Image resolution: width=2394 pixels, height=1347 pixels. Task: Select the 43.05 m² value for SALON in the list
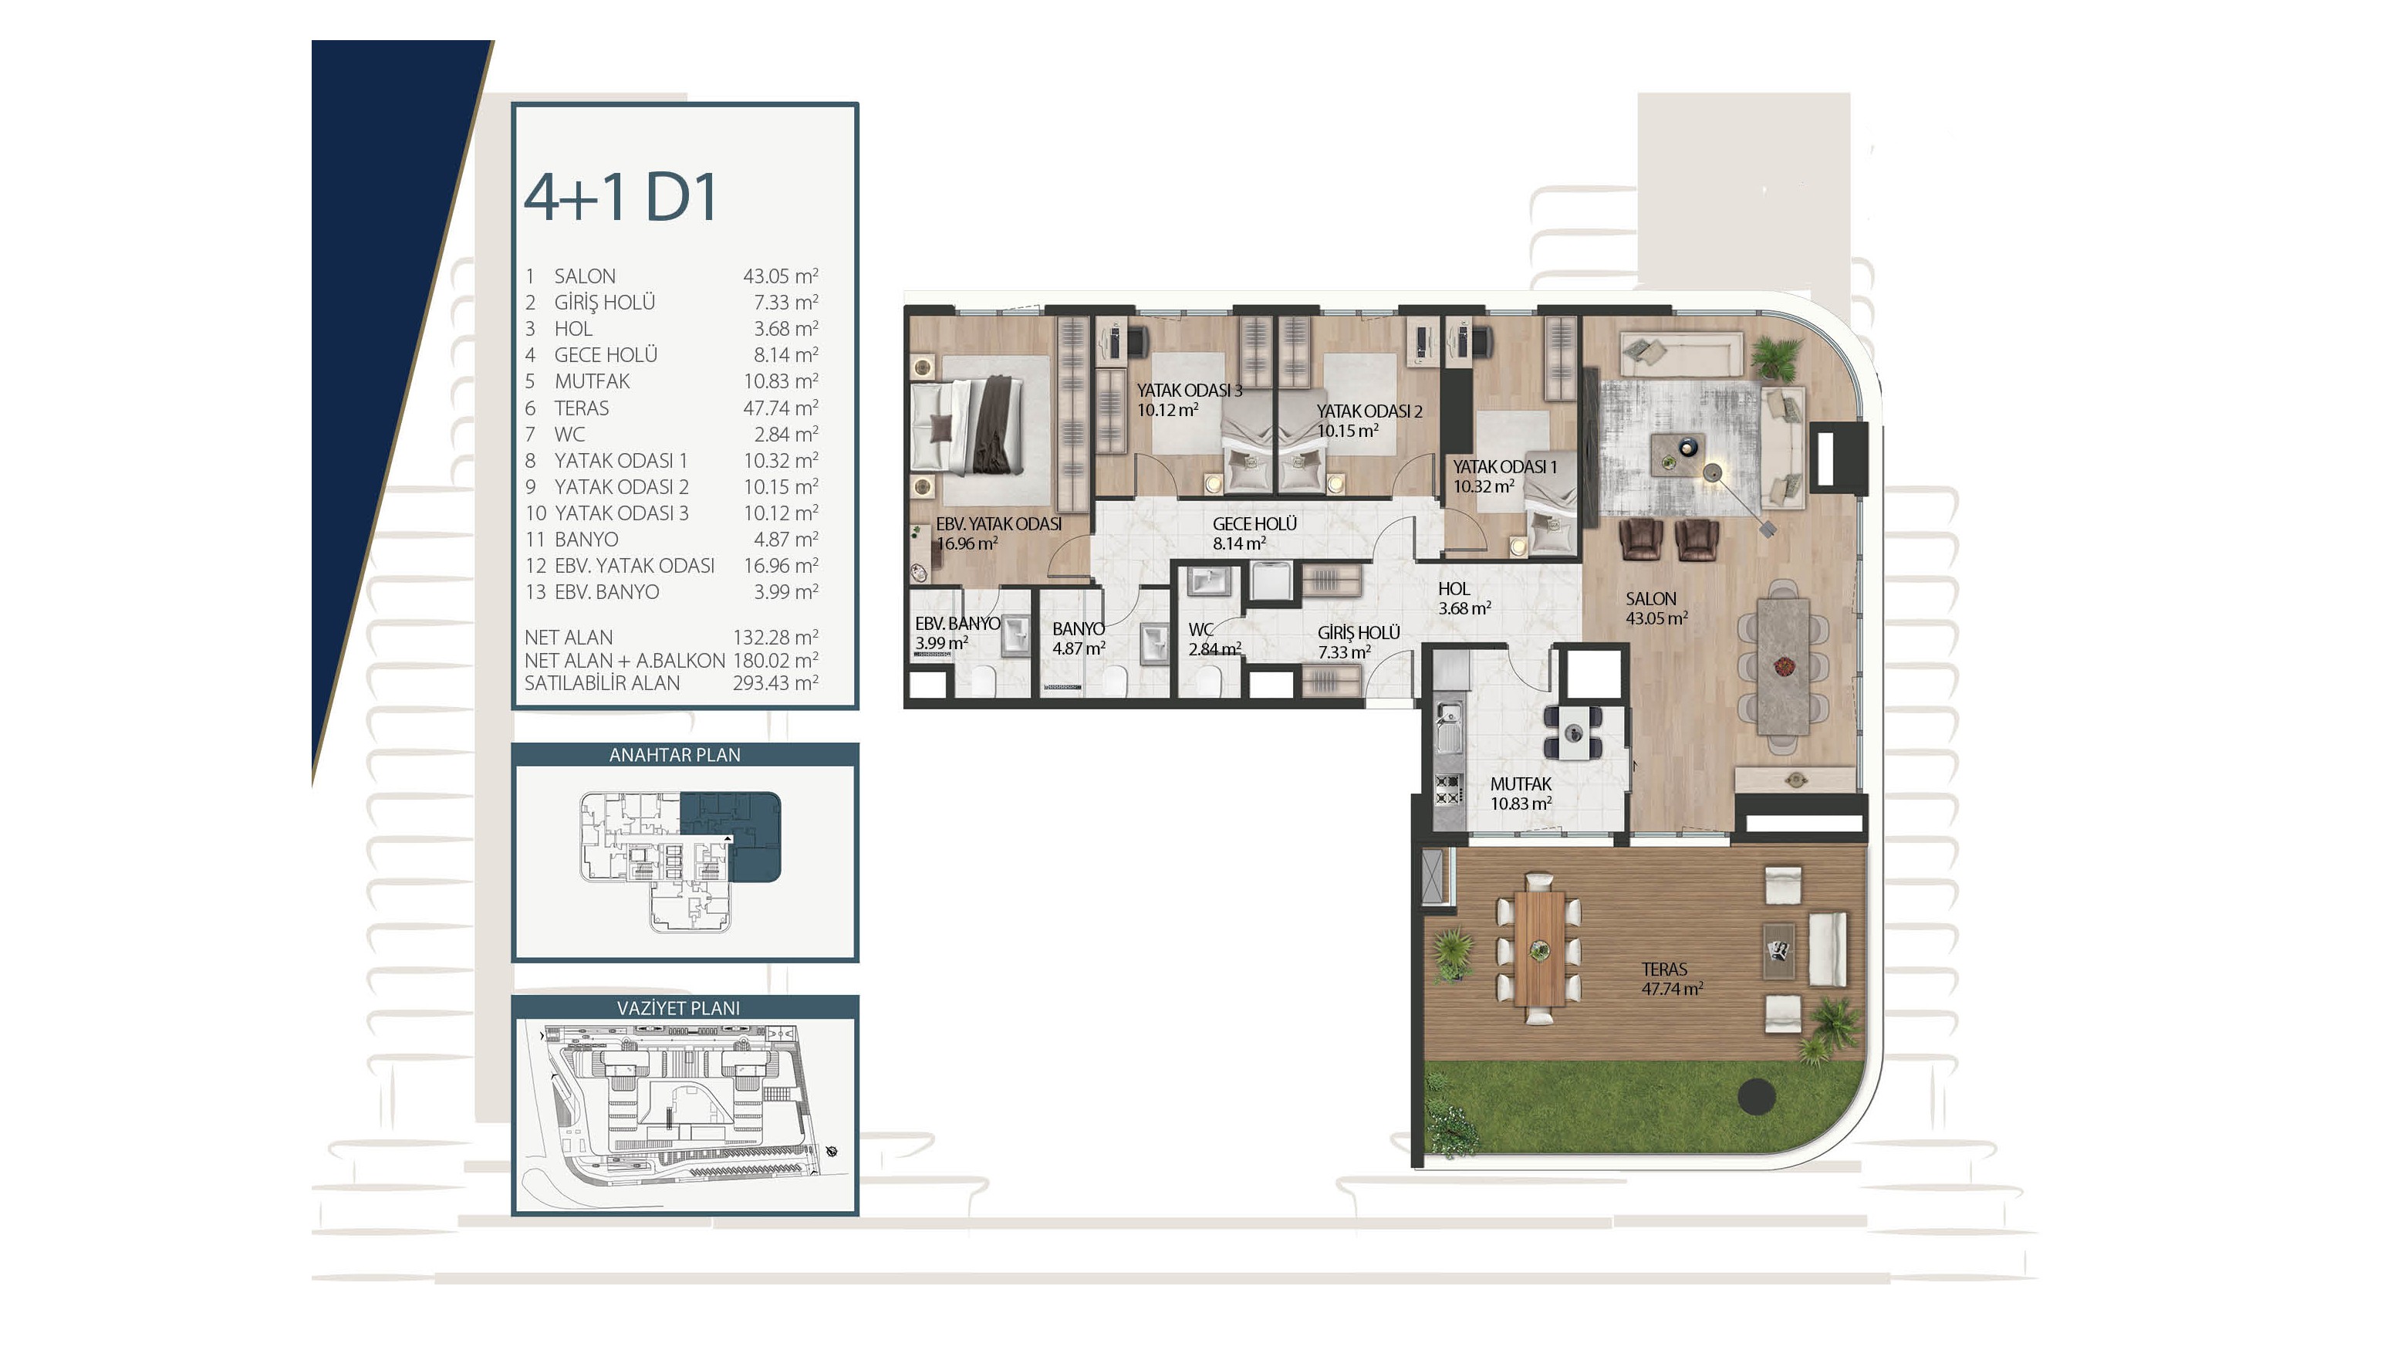pyautogui.click(x=780, y=276)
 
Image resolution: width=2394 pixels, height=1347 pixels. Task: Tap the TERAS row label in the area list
pyautogui.click(x=582, y=408)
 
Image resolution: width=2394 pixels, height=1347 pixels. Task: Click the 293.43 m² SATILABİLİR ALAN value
pyautogui.click(x=775, y=683)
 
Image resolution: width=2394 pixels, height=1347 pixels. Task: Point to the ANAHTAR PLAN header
pyautogui.click(x=675, y=755)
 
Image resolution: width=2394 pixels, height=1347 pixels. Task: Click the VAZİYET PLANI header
pyautogui.click(x=678, y=1007)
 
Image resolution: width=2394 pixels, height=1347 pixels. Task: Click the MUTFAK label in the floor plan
pyautogui.click(x=1521, y=783)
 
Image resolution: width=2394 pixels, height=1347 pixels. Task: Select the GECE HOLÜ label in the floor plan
pyautogui.click(x=1254, y=523)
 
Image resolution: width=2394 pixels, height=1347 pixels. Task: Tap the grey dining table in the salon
pyautogui.click(x=1784, y=665)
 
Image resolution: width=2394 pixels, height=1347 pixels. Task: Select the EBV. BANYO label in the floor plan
pyautogui.click(x=957, y=624)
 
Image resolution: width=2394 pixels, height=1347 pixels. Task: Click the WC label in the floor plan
pyautogui.click(x=1200, y=629)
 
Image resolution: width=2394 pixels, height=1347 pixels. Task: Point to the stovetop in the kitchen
pyautogui.click(x=1448, y=789)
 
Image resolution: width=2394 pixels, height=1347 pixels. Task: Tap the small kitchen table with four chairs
pyautogui.click(x=1573, y=732)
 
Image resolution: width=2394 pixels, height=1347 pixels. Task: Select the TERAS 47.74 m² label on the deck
pyautogui.click(x=1671, y=979)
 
